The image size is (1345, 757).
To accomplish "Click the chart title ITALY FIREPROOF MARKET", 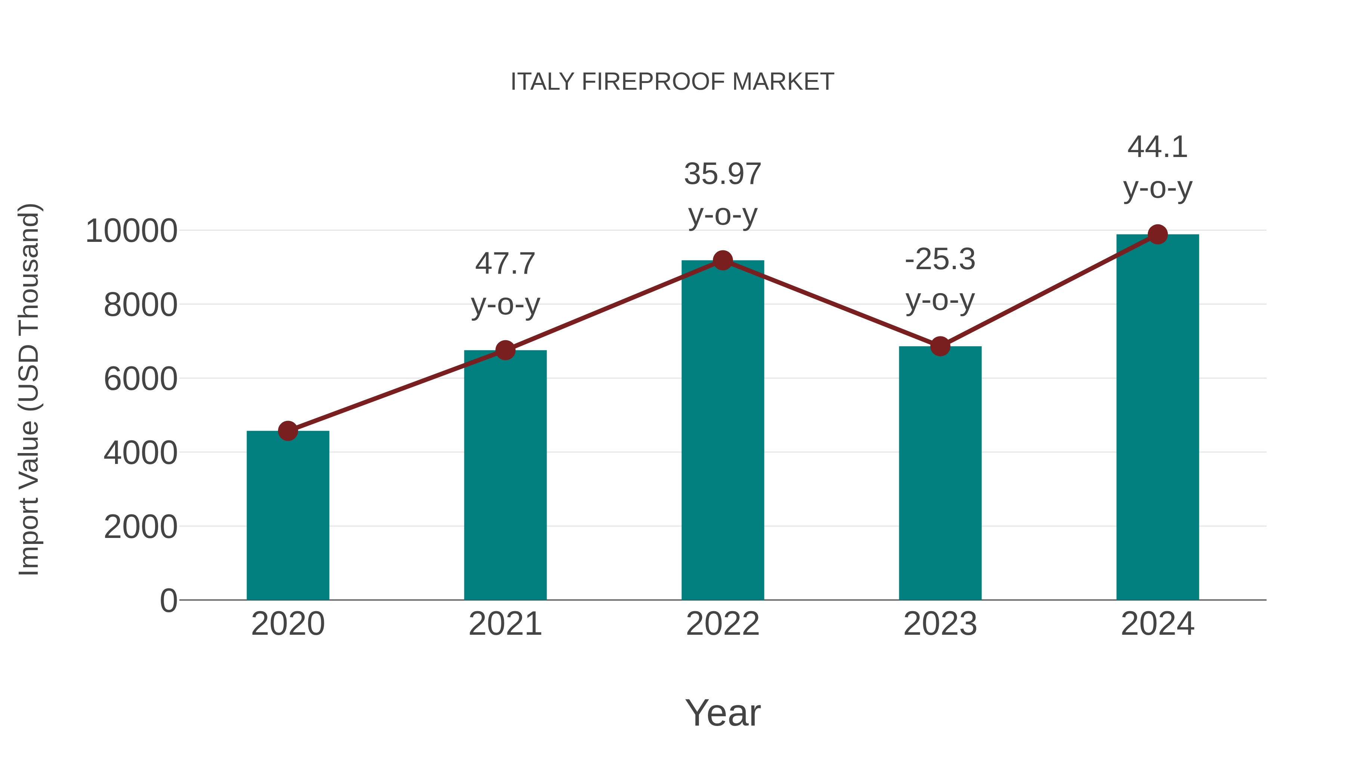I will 672,82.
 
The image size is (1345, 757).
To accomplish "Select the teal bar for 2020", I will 288,517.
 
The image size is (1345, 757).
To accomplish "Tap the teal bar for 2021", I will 505,476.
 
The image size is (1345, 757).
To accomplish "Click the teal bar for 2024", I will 1157,418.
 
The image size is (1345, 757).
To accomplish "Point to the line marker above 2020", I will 288,431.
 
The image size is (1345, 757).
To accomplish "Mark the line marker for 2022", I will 723,260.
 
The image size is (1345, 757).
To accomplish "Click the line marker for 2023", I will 940,346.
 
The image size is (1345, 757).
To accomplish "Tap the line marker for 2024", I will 1157,234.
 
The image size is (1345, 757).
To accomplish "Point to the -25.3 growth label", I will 940,260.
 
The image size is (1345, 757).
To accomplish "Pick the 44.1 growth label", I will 1157,147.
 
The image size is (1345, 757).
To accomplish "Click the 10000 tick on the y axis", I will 132,231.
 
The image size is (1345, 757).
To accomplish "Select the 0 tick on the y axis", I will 168,601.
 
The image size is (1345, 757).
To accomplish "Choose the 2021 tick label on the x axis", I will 505,624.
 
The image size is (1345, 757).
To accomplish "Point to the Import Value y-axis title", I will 29,389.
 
